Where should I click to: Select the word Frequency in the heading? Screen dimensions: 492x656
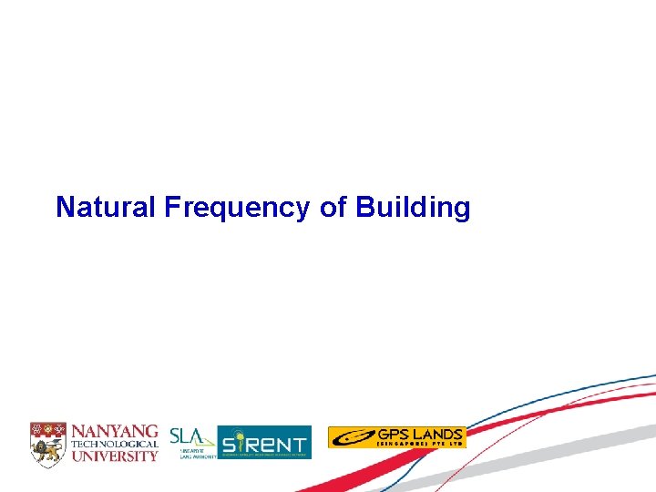pos(239,209)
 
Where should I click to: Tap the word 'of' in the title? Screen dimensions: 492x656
pos(333,208)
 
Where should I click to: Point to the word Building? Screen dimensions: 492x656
pos(413,209)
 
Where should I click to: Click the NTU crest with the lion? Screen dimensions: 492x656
pos(47,442)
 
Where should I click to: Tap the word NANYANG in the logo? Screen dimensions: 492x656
pos(115,430)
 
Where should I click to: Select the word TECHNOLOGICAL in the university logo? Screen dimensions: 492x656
pos(115,443)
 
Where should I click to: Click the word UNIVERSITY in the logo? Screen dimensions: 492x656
pos(115,455)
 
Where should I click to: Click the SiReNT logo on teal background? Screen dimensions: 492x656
pos(264,443)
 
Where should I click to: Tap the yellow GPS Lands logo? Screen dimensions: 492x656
pos(396,437)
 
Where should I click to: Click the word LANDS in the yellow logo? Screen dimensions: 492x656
pos(434,434)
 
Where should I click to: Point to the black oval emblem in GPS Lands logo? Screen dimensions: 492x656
pos(352,438)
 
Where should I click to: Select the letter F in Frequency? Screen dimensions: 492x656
pos(172,208)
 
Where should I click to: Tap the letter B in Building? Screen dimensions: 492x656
pos(364,208)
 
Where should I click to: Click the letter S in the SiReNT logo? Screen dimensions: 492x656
pos(231,444)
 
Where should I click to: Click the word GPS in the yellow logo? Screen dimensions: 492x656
pos(390,434)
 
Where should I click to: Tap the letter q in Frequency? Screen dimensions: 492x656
pos(221,210)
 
